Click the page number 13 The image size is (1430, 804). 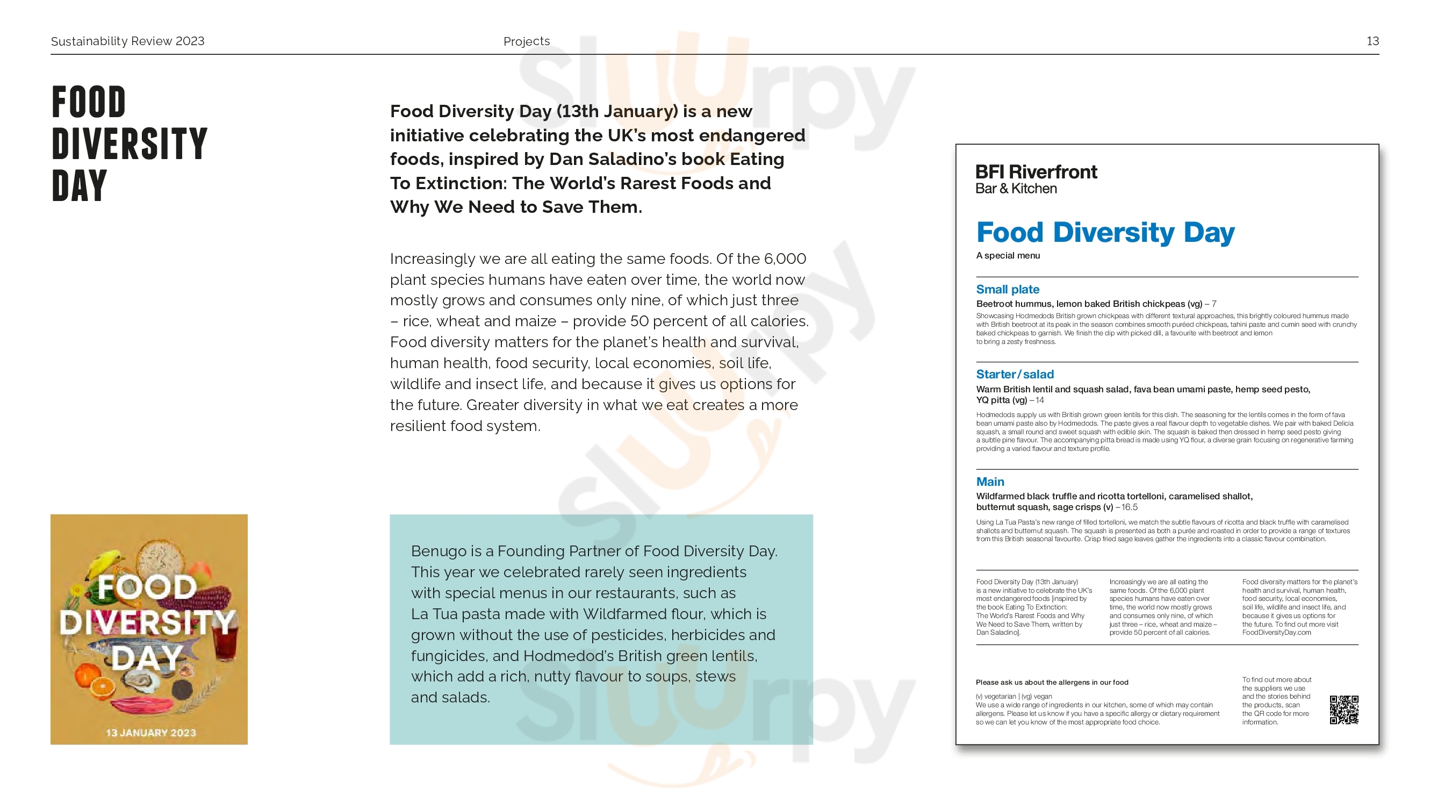(1372, 41)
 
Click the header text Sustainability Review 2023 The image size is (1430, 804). (128, 41)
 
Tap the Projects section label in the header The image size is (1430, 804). (526, 41)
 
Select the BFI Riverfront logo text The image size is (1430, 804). (1036, 172)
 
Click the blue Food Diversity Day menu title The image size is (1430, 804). (1105, 232)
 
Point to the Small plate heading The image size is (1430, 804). (1008, 289)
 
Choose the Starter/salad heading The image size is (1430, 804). (1015, 374)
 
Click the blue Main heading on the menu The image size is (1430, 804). (990, 482)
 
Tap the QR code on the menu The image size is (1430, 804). (1343, 709)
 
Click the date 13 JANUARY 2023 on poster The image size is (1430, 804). (151, 733)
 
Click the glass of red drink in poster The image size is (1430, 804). (225, 644)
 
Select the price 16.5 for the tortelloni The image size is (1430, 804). (1129, 507)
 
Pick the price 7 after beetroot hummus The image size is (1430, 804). (1214, 304)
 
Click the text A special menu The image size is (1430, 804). (1008, 255)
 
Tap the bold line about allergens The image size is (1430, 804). (1052, 683)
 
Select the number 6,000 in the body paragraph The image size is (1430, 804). (785, 259)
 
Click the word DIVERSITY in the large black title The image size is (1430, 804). (130, 143)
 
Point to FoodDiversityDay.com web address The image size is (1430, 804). (1276, 633)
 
